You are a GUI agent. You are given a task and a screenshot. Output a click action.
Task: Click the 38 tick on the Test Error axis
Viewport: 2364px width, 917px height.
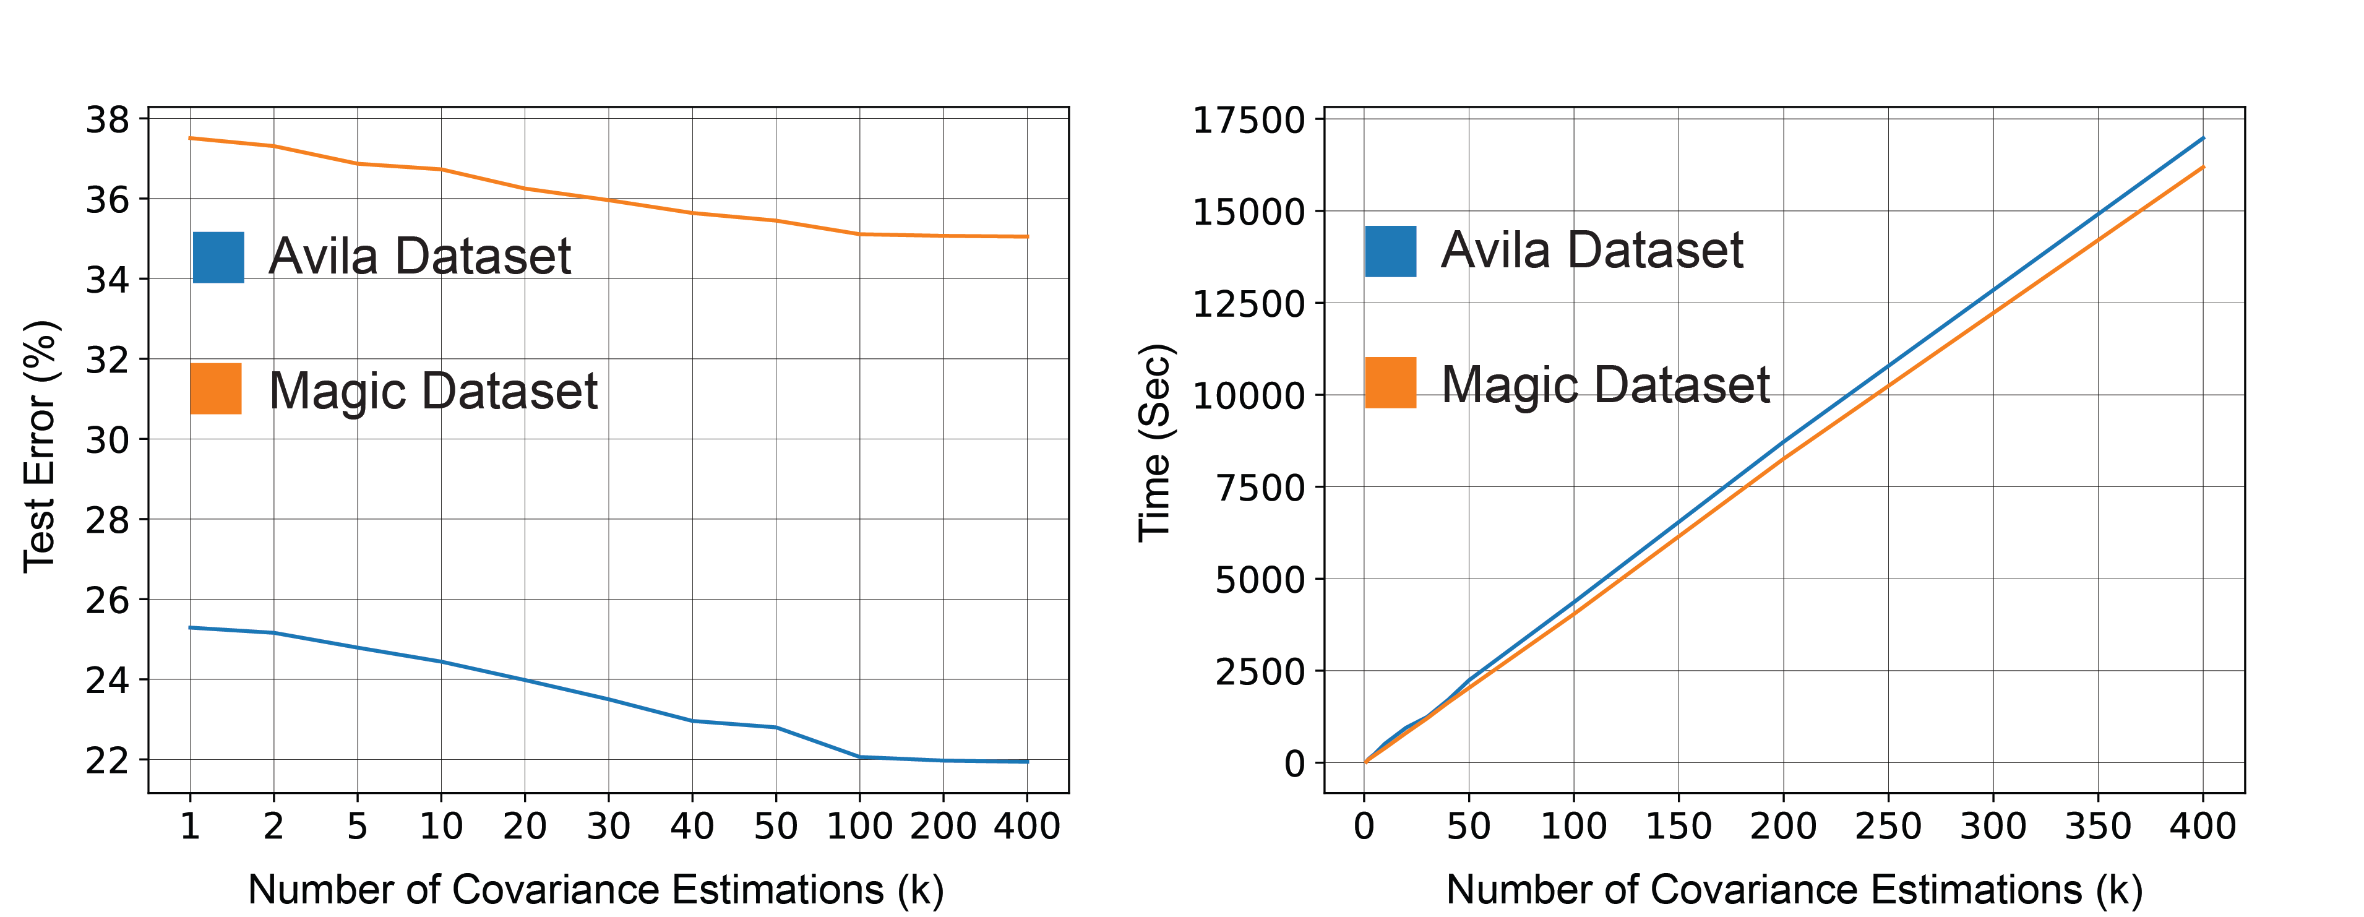pos(108,119)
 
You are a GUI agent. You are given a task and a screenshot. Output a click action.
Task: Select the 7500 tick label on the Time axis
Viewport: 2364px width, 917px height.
pos(1260,488)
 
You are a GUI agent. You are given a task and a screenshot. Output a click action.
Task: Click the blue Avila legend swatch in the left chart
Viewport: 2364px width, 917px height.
pos(218,257)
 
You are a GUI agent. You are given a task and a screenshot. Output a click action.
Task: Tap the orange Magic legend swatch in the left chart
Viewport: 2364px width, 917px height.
pos(216,389)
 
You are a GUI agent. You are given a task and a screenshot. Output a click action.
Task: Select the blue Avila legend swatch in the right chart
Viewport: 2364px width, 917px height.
pos(1390,251)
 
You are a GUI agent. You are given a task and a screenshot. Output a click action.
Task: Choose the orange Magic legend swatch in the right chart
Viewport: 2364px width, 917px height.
pos(1390,383)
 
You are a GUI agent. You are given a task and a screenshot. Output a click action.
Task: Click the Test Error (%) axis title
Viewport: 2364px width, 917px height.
pos(40,447)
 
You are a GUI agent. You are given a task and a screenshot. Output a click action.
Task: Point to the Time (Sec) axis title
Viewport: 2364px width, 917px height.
pos(1155,442)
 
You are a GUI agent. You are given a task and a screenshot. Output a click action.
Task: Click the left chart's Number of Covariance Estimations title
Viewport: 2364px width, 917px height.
pos(596,889)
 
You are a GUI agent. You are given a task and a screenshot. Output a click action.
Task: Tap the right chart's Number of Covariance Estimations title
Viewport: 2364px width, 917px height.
pos(1794,889)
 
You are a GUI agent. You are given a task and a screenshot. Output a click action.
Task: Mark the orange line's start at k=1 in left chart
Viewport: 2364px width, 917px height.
pos(190,138)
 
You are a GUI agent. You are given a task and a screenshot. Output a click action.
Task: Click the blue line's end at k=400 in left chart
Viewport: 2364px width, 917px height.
pos(1028,761)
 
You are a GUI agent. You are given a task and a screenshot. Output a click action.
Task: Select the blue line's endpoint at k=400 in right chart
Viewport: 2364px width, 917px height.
pos(2203,138)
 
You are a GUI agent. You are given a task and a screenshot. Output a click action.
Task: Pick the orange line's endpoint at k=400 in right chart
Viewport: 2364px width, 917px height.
pos(2203,167)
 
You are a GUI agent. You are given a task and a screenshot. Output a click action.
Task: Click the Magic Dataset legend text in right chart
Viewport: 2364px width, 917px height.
pos(1605,385)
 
